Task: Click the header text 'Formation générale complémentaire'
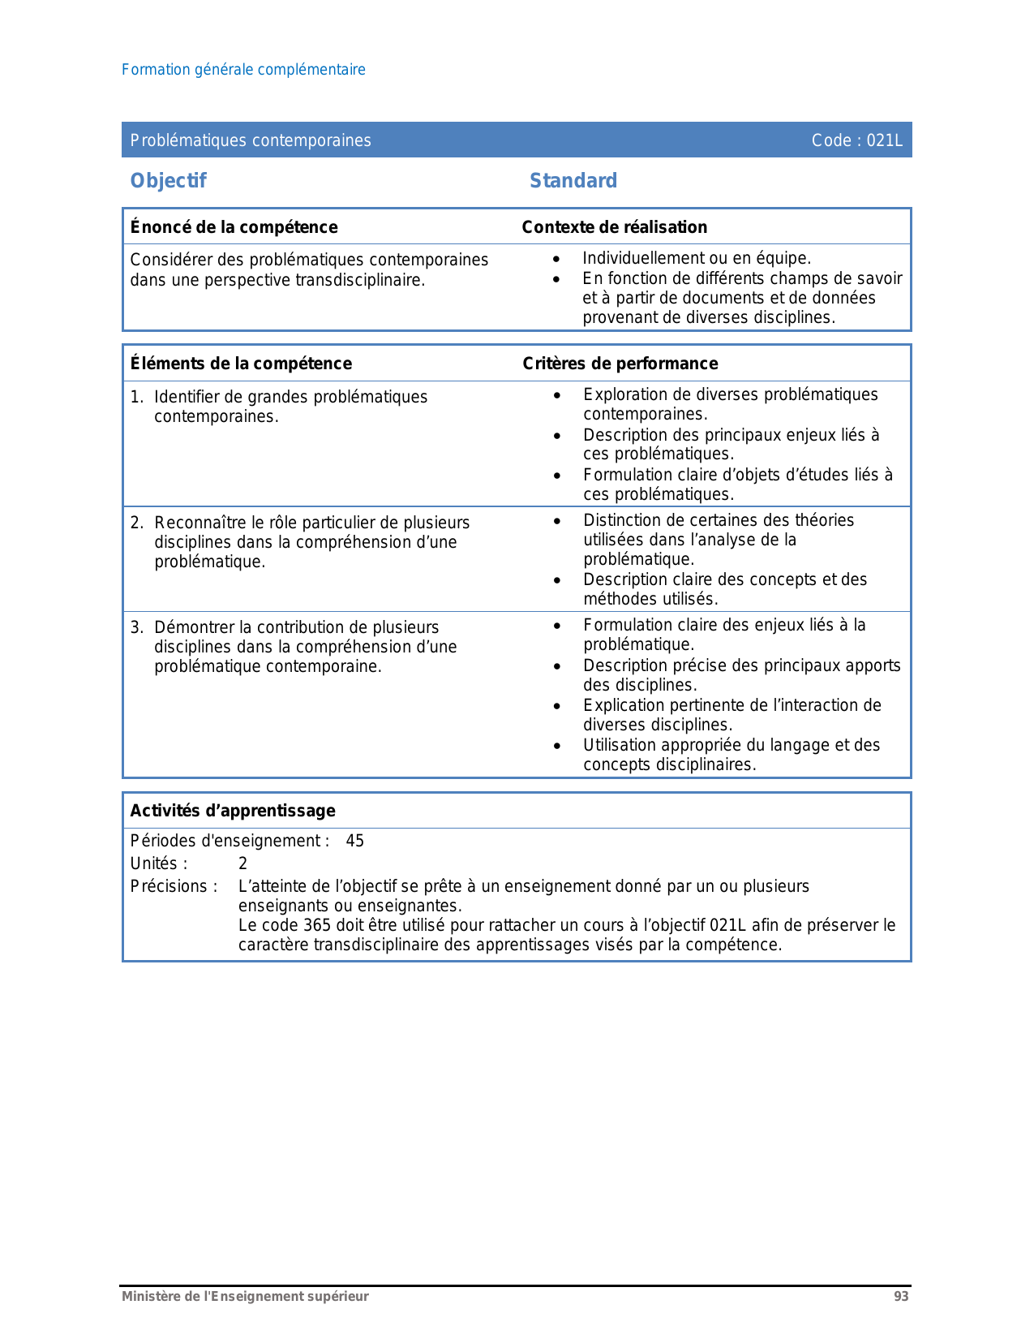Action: [x=243, y=70]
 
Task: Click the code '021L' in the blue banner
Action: [x=884, y=140]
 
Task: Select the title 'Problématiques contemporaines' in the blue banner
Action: [x=251, y=140]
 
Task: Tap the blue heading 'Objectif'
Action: [x=169, y=181]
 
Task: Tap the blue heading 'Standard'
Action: [x=573, y=181]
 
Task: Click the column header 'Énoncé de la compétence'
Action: [x=234, y=227]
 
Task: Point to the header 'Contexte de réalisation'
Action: [x=615, y=227]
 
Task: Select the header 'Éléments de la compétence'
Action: [x=241, y=364]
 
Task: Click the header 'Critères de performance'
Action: [x=620, y=364]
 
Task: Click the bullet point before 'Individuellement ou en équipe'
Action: [x=556, y=260]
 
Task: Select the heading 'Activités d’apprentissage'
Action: [x=233, y=811]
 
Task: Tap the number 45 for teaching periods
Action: [x=355, y=841]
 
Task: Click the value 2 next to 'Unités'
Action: [x=242, y=863]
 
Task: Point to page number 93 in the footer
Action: [x=901, y=1297]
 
